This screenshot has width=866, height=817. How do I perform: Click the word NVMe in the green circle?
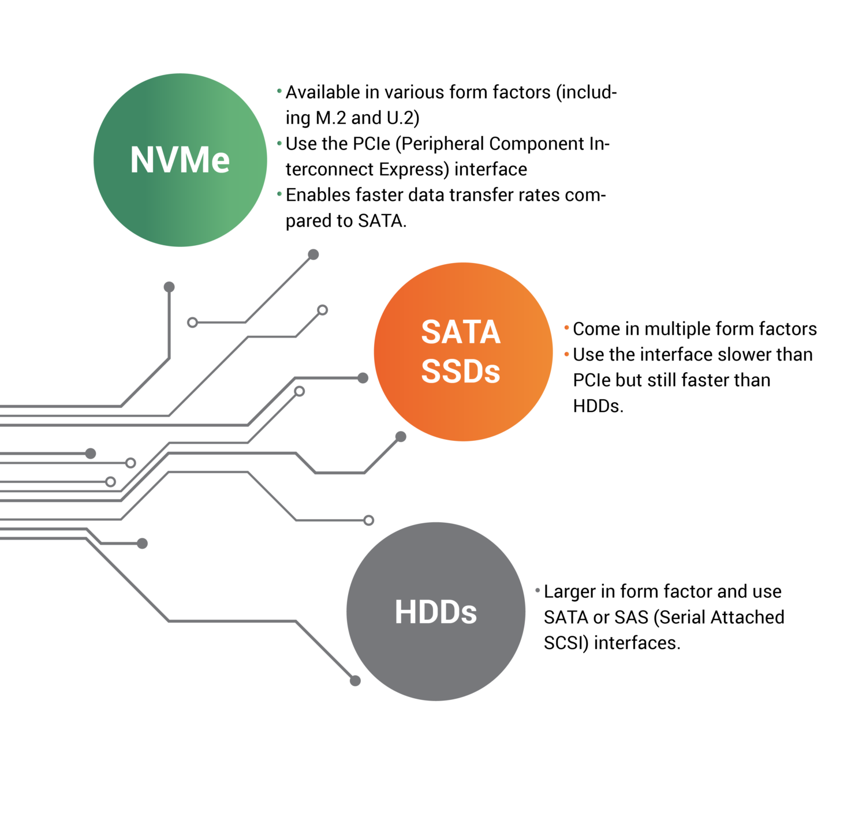pos(180,160)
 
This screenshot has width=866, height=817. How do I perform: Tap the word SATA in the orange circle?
pos(460,332)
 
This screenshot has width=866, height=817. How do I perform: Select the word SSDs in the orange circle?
pos(460,371)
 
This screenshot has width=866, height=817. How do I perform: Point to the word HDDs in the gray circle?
pos(435,612)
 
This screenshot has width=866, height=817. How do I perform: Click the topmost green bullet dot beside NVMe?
pos(279,91)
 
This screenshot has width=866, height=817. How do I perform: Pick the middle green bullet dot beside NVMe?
pos(279,143)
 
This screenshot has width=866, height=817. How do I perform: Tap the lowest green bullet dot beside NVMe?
pos(279,193)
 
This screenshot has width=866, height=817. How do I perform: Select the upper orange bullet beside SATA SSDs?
pos(566,328)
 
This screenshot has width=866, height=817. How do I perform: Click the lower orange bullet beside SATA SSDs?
pos(566,354)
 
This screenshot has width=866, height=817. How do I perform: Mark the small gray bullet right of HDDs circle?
pos(537,590)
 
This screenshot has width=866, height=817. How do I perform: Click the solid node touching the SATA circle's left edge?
pos(363,378)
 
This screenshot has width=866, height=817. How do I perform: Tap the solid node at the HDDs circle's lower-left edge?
pos(355,681)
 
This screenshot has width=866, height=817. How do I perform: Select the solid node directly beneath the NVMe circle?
pos(169,287)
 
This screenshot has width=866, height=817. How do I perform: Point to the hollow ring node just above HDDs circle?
pos(368,520)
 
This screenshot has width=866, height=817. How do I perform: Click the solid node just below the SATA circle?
pos(401,437)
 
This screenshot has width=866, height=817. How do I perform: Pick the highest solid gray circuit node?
pos(313,254)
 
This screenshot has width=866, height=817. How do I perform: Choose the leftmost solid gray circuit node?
pos(91,454)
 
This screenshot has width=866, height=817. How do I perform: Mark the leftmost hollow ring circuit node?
pos(111,482)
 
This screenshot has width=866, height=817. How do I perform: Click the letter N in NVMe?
pos(141,160)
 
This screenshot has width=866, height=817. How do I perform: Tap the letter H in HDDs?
pos(404,612)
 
